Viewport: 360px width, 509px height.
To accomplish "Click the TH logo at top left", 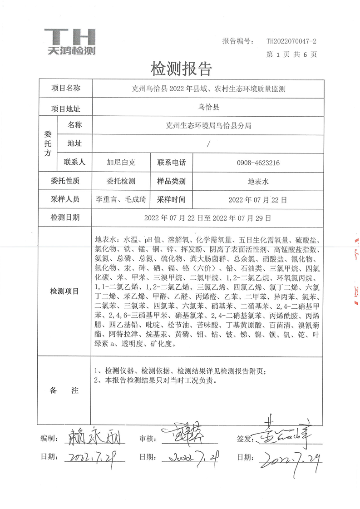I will click(x=71, y=41).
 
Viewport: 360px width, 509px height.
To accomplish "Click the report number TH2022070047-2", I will click(x=291, y=41).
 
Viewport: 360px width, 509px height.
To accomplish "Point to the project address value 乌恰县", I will click(x=208, y=108).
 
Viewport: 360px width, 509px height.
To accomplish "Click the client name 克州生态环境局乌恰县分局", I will click(x=208, y=125).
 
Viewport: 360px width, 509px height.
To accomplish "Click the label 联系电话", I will click(x=172, y=162).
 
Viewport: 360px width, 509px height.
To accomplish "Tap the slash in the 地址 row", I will click(x=208, y=143).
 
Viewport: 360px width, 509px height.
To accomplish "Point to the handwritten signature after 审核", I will click(x=184, y=435).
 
